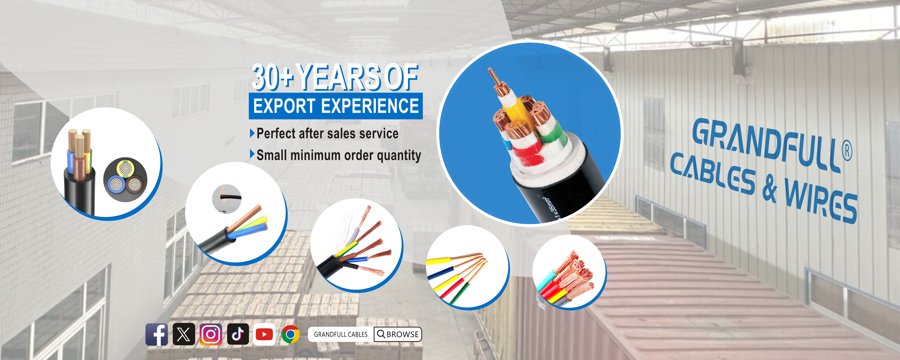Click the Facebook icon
[x=157, y=334]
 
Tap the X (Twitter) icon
[x=184, y=334]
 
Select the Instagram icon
[x=211, y=334]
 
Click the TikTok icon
[x=238, y=334]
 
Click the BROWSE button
[x=398, y=334]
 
